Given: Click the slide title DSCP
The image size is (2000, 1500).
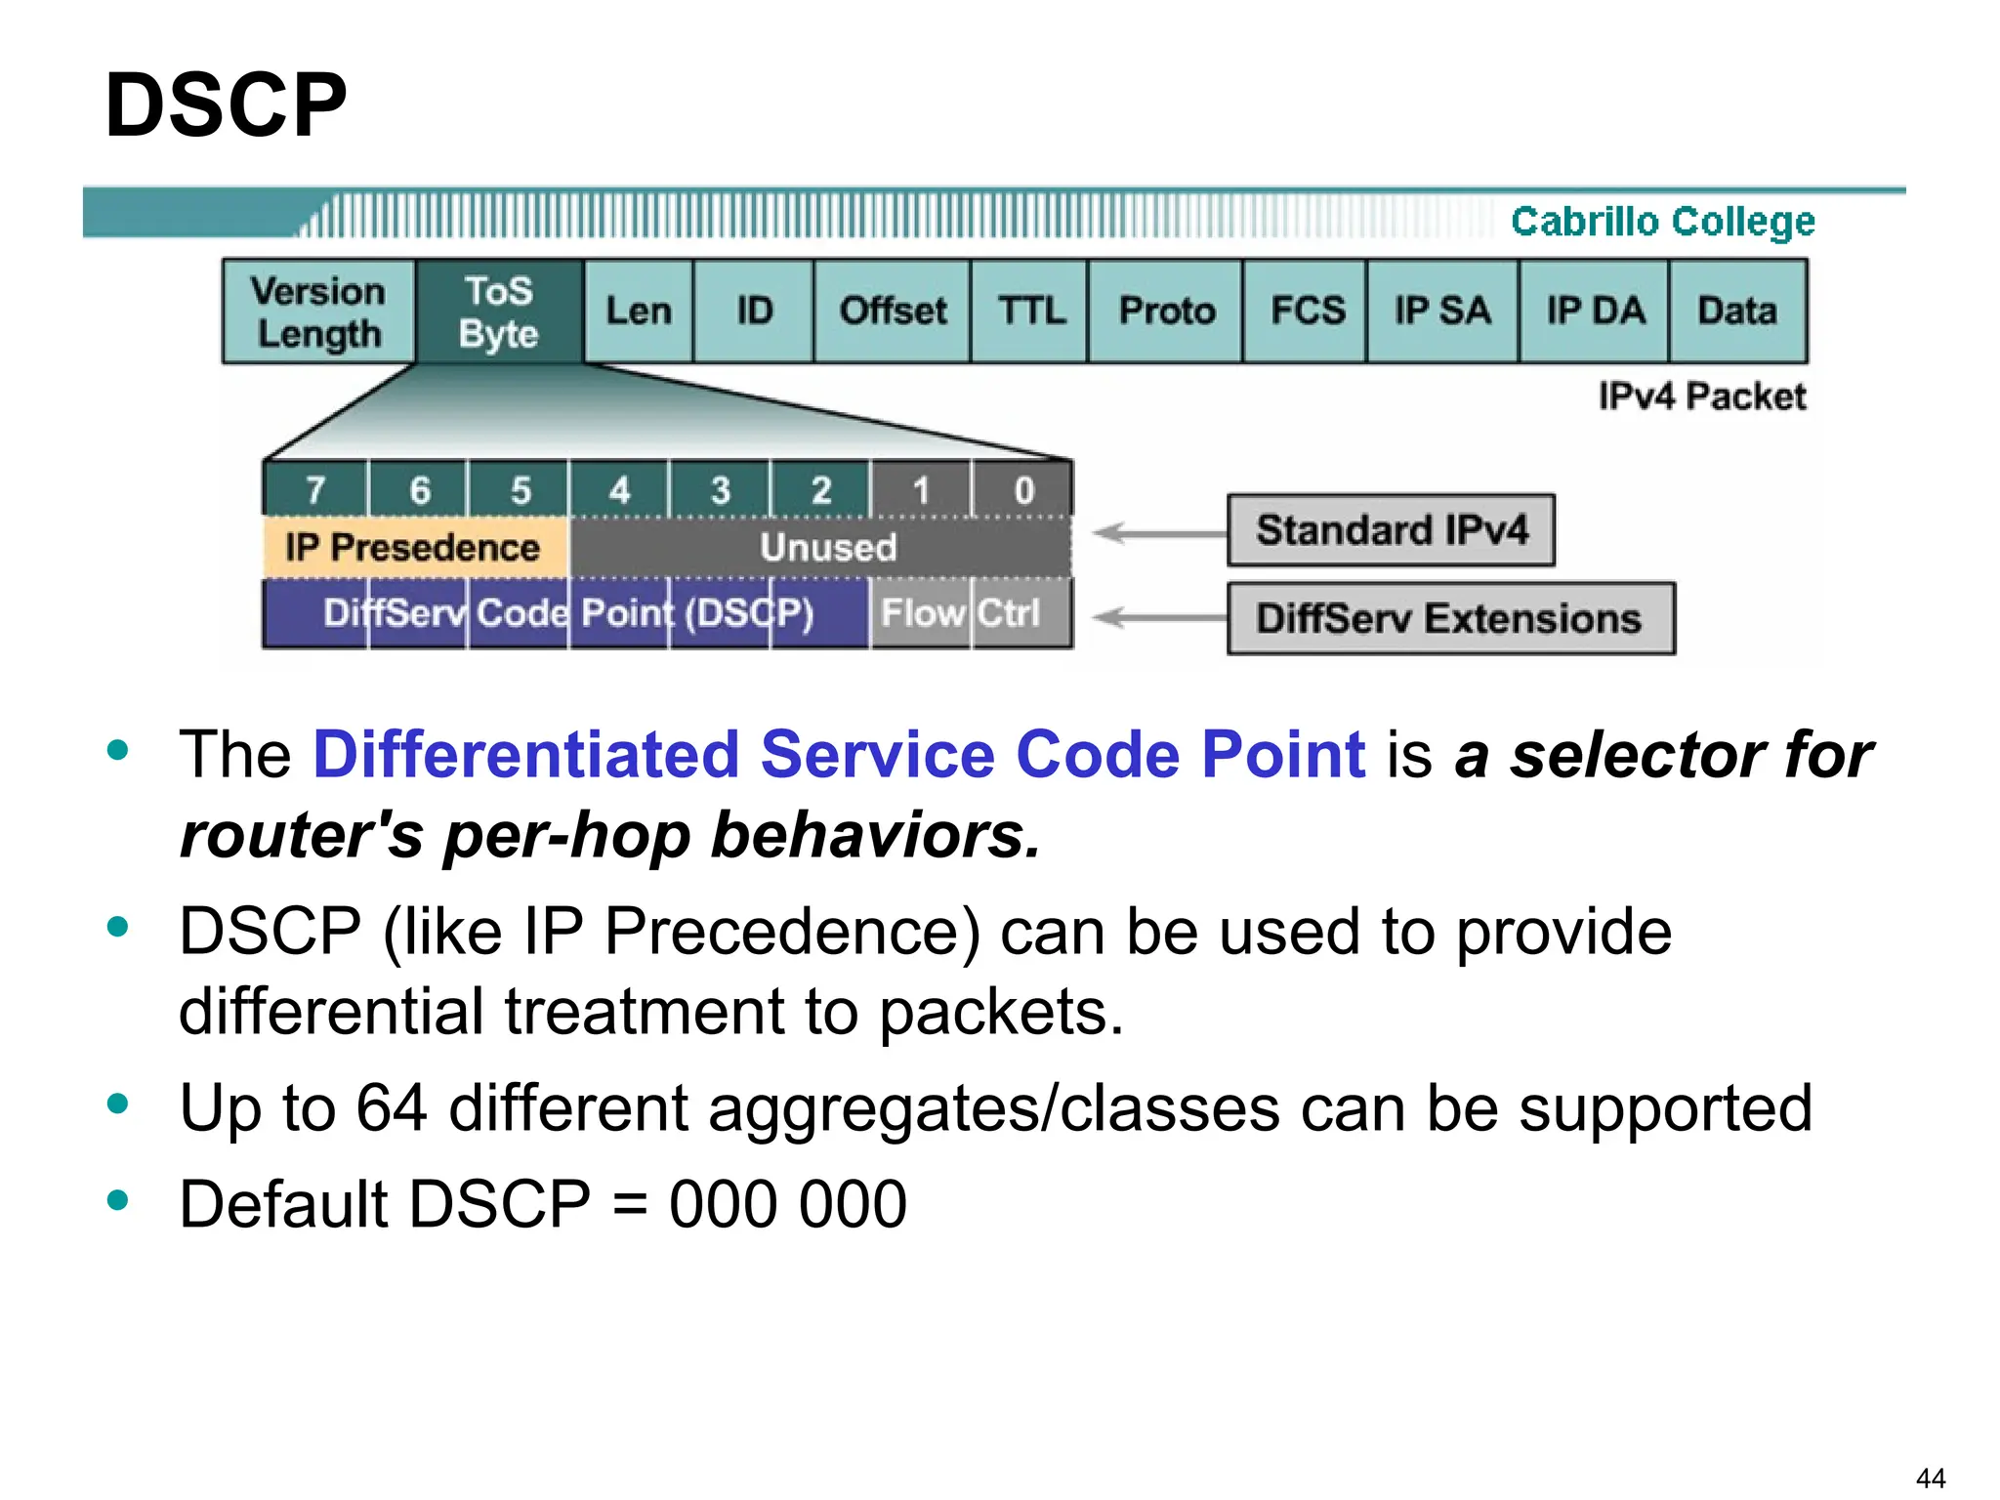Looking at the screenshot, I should (x=226, y=105).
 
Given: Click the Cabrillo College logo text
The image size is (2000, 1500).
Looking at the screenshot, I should (x=1662, y=222).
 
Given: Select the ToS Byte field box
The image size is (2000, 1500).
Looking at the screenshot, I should (x=499, y=312).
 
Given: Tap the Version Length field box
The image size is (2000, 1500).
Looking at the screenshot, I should (x=318, y=312).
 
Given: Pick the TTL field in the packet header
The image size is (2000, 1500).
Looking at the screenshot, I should (x=1030, y=312).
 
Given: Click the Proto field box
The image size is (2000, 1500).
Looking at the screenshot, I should (x=1166, y=312).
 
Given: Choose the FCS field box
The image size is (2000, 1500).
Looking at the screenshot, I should (x=1307, y=312).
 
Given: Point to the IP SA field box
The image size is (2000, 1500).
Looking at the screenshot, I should (x=1442, y=312).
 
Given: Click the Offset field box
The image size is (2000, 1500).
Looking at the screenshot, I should (x=893, y=312).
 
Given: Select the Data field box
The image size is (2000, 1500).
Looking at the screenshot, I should (x=1737, y=312).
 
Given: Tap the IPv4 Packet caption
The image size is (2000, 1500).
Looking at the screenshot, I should (x=1701, y=396).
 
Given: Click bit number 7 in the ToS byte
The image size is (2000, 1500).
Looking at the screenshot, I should (x=315, y=489).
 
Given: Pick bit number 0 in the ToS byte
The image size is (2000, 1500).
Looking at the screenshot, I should (x=1022, y=489).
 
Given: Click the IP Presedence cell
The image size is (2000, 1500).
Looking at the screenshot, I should (x=413, y=548).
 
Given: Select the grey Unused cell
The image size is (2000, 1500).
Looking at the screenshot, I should (x=826, y=548).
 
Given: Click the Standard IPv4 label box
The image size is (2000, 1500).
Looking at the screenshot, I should (x=1391, y=530).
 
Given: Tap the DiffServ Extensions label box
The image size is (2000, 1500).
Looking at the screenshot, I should (x=1450, y=619).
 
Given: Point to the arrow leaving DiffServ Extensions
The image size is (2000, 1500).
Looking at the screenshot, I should (x=1158, y=618).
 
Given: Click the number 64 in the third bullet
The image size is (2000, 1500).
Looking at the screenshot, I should (x=391, y=1108).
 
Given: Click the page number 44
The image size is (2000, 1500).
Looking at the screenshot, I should (x=1930, y=1478).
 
